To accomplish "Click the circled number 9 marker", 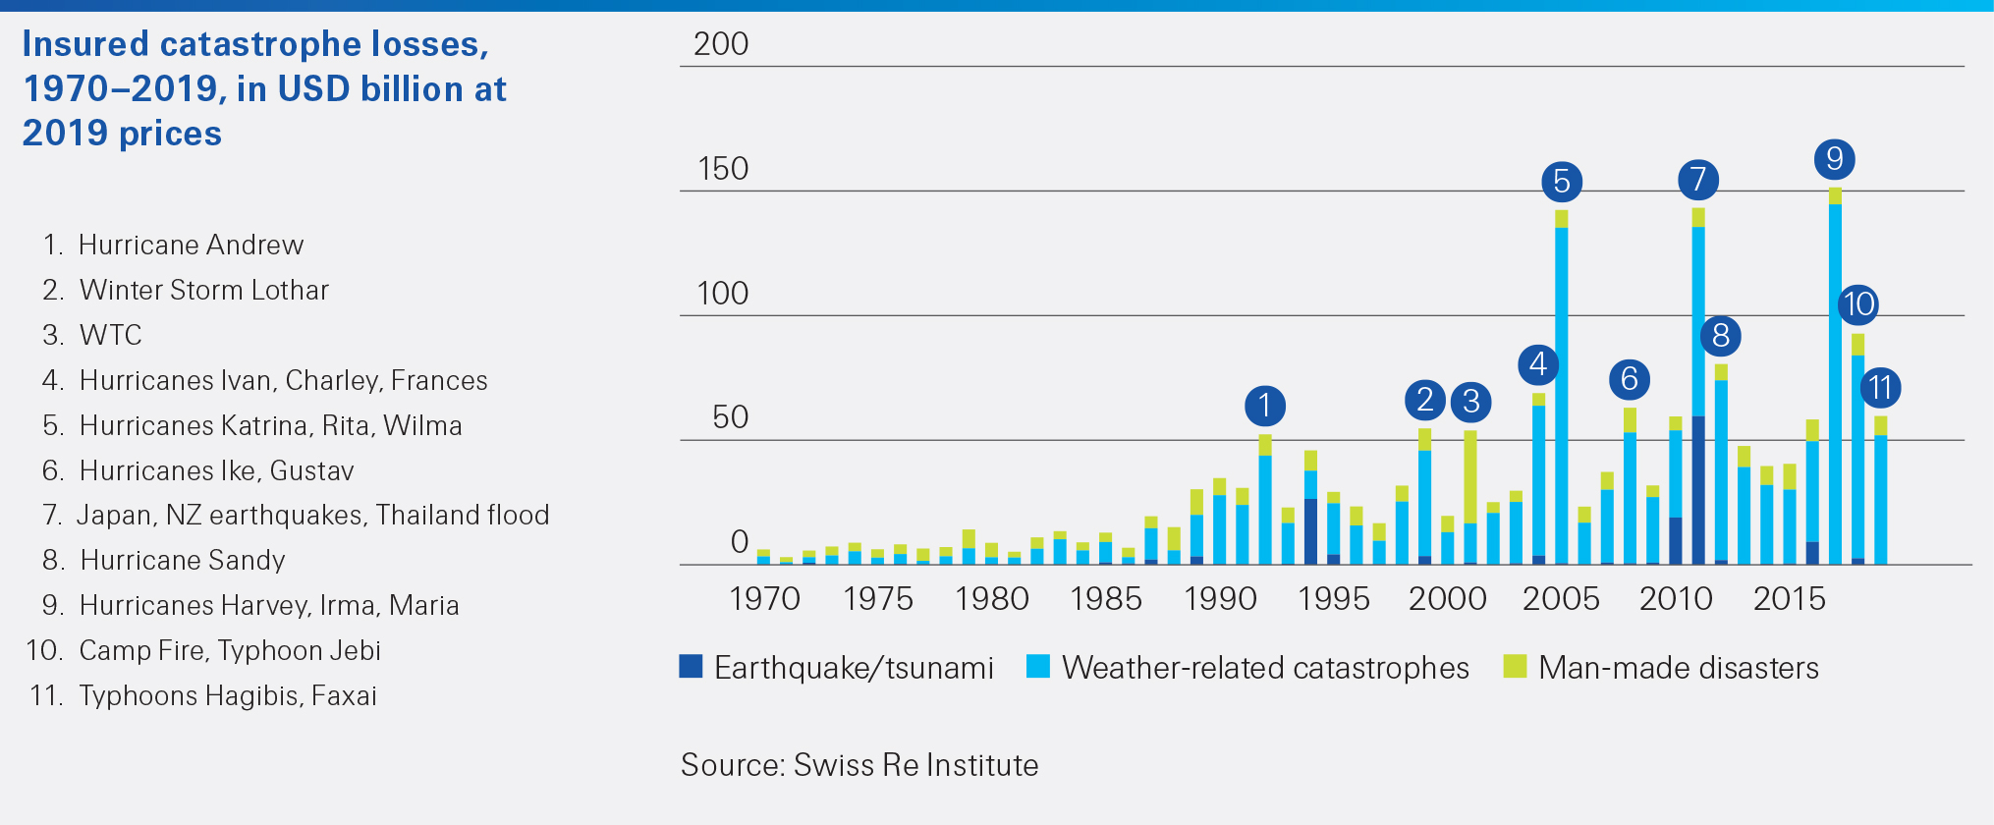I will tap(1834, 159).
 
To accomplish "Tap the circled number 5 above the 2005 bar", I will tap(1562, 182).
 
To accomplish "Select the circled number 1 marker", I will tap(1265, 406).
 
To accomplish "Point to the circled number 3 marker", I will tap(1471, 401).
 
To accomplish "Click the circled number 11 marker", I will tap(1881, 388).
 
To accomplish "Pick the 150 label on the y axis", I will tap(723, 169).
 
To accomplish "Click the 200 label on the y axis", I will tap(721, 44).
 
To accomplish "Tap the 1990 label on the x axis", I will tap(1220, 598).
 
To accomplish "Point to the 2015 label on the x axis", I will tap(1790, 598).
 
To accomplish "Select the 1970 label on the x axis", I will tap(764, 598).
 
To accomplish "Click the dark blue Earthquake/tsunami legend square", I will tap(692, 667).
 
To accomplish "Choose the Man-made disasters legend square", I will tap(1516, 667).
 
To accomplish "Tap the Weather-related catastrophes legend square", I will tap(1038, 667).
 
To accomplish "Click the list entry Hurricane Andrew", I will tap(191, 245).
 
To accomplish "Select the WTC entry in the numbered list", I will tap(110, 335).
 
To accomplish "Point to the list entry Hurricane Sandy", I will tap(183, 560).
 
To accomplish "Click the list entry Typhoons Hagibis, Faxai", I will tap(228, 695).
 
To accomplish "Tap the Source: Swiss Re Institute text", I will tap(859, 765).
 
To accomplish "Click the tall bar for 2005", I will tap(1562, 393).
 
